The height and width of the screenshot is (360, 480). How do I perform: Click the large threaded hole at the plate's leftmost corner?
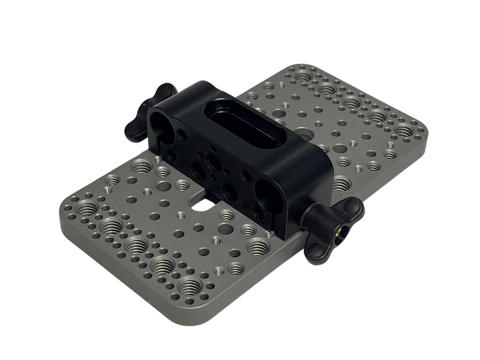(88, 207)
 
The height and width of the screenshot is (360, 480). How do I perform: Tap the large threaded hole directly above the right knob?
(340, 184)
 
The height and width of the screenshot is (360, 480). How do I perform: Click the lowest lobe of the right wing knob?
(313, 255)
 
